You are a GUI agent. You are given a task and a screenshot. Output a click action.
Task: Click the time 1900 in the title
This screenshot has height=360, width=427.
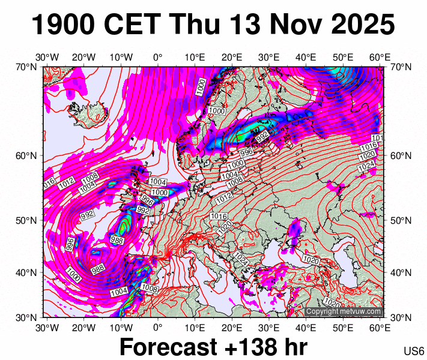tap(63, 26)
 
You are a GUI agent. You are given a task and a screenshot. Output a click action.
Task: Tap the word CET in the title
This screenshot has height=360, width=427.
tap(133, 26)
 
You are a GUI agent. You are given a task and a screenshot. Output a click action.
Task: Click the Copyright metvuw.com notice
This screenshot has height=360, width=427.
tap(344, 312)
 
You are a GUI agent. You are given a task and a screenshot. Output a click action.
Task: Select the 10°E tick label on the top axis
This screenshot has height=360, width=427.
tap(195, 58)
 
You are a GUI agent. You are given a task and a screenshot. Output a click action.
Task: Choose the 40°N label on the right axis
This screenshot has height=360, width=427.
tap(401, 272)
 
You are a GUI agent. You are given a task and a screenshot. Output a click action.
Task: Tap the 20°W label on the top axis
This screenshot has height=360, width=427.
tap(84, 58)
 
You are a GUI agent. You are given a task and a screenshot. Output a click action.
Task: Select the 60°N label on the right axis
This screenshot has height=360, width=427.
tap(401, 156)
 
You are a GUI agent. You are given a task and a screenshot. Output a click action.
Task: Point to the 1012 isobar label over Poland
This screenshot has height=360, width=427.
tap(224, 196)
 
